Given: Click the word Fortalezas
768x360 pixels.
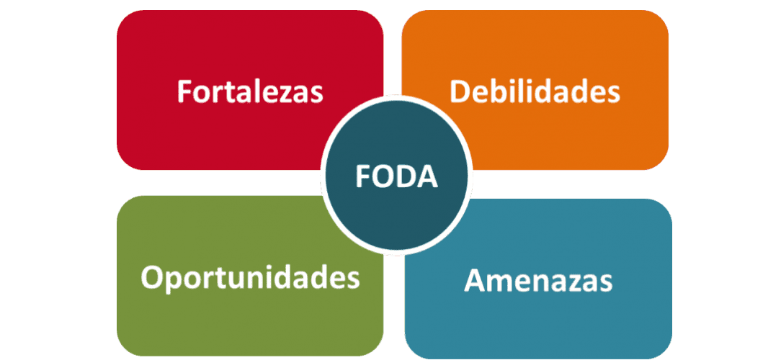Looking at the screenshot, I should (x=250, y=92).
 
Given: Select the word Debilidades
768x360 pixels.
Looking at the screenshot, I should (x=535, y=92).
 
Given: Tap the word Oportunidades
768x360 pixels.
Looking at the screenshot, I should (x=250, y=277).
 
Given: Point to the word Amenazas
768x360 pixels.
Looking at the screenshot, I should (x=538, y=280).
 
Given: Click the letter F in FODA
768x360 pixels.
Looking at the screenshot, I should (x=362, y=177).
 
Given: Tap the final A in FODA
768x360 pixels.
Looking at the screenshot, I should (x=427, y=177).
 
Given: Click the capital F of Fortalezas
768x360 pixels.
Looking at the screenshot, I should (x=184, y=92).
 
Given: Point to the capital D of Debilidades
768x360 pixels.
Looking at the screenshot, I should (x=459, y=92).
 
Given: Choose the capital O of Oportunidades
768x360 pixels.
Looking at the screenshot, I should (x=151, y=277).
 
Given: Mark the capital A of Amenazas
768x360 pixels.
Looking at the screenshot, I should (x=474, y=280).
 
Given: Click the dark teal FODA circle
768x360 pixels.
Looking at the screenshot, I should (x=396, y=209).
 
